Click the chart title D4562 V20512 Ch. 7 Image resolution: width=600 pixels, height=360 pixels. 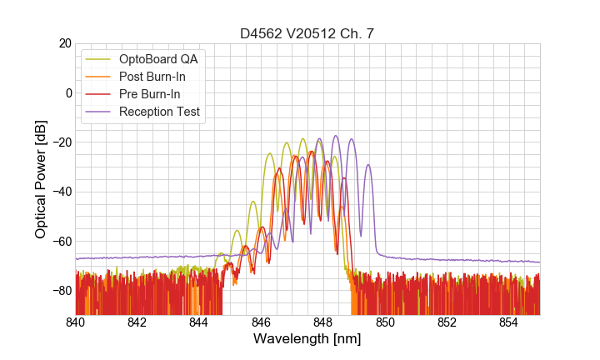click(x=307, y=34)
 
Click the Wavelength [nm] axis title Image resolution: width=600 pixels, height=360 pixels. click(x=307, y=340)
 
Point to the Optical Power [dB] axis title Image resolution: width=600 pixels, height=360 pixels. click(x=41, y=179)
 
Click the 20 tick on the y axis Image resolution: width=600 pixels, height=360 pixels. click(x=64, y=43)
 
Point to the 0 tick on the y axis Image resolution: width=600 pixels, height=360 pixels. click(x=68, y=92)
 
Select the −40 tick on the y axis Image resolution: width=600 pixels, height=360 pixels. click(x=61, y=192)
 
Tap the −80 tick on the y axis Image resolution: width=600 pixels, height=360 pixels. click(x=61, y=291)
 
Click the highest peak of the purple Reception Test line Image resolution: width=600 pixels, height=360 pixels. click(x=336, y=136)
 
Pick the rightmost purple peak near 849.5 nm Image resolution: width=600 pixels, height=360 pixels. click(x=367, y=165)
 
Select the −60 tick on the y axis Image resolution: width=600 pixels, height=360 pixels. click(x=61, y=242)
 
